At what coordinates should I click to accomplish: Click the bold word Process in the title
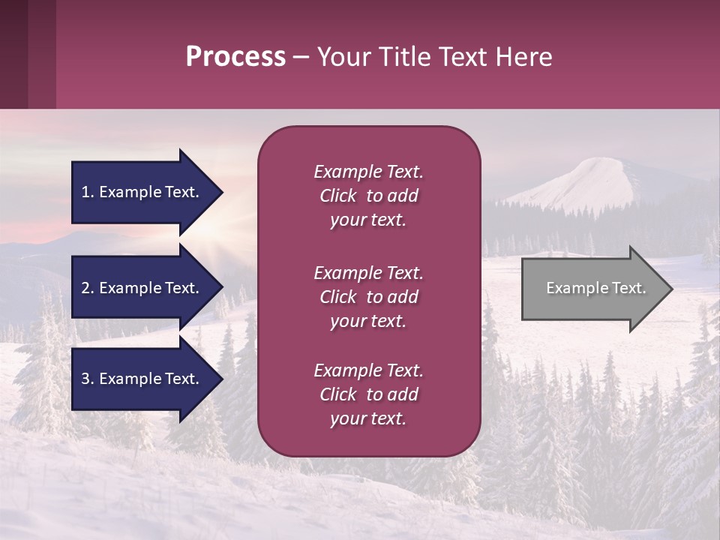235,57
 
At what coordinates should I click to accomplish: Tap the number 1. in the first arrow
88,192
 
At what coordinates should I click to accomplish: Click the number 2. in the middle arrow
88,288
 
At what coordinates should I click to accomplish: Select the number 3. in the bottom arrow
88,379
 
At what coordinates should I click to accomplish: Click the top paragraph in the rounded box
368,196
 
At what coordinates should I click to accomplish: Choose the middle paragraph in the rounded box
368,297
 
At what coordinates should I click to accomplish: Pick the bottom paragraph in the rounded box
368,394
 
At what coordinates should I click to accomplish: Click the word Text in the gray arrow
628,288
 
